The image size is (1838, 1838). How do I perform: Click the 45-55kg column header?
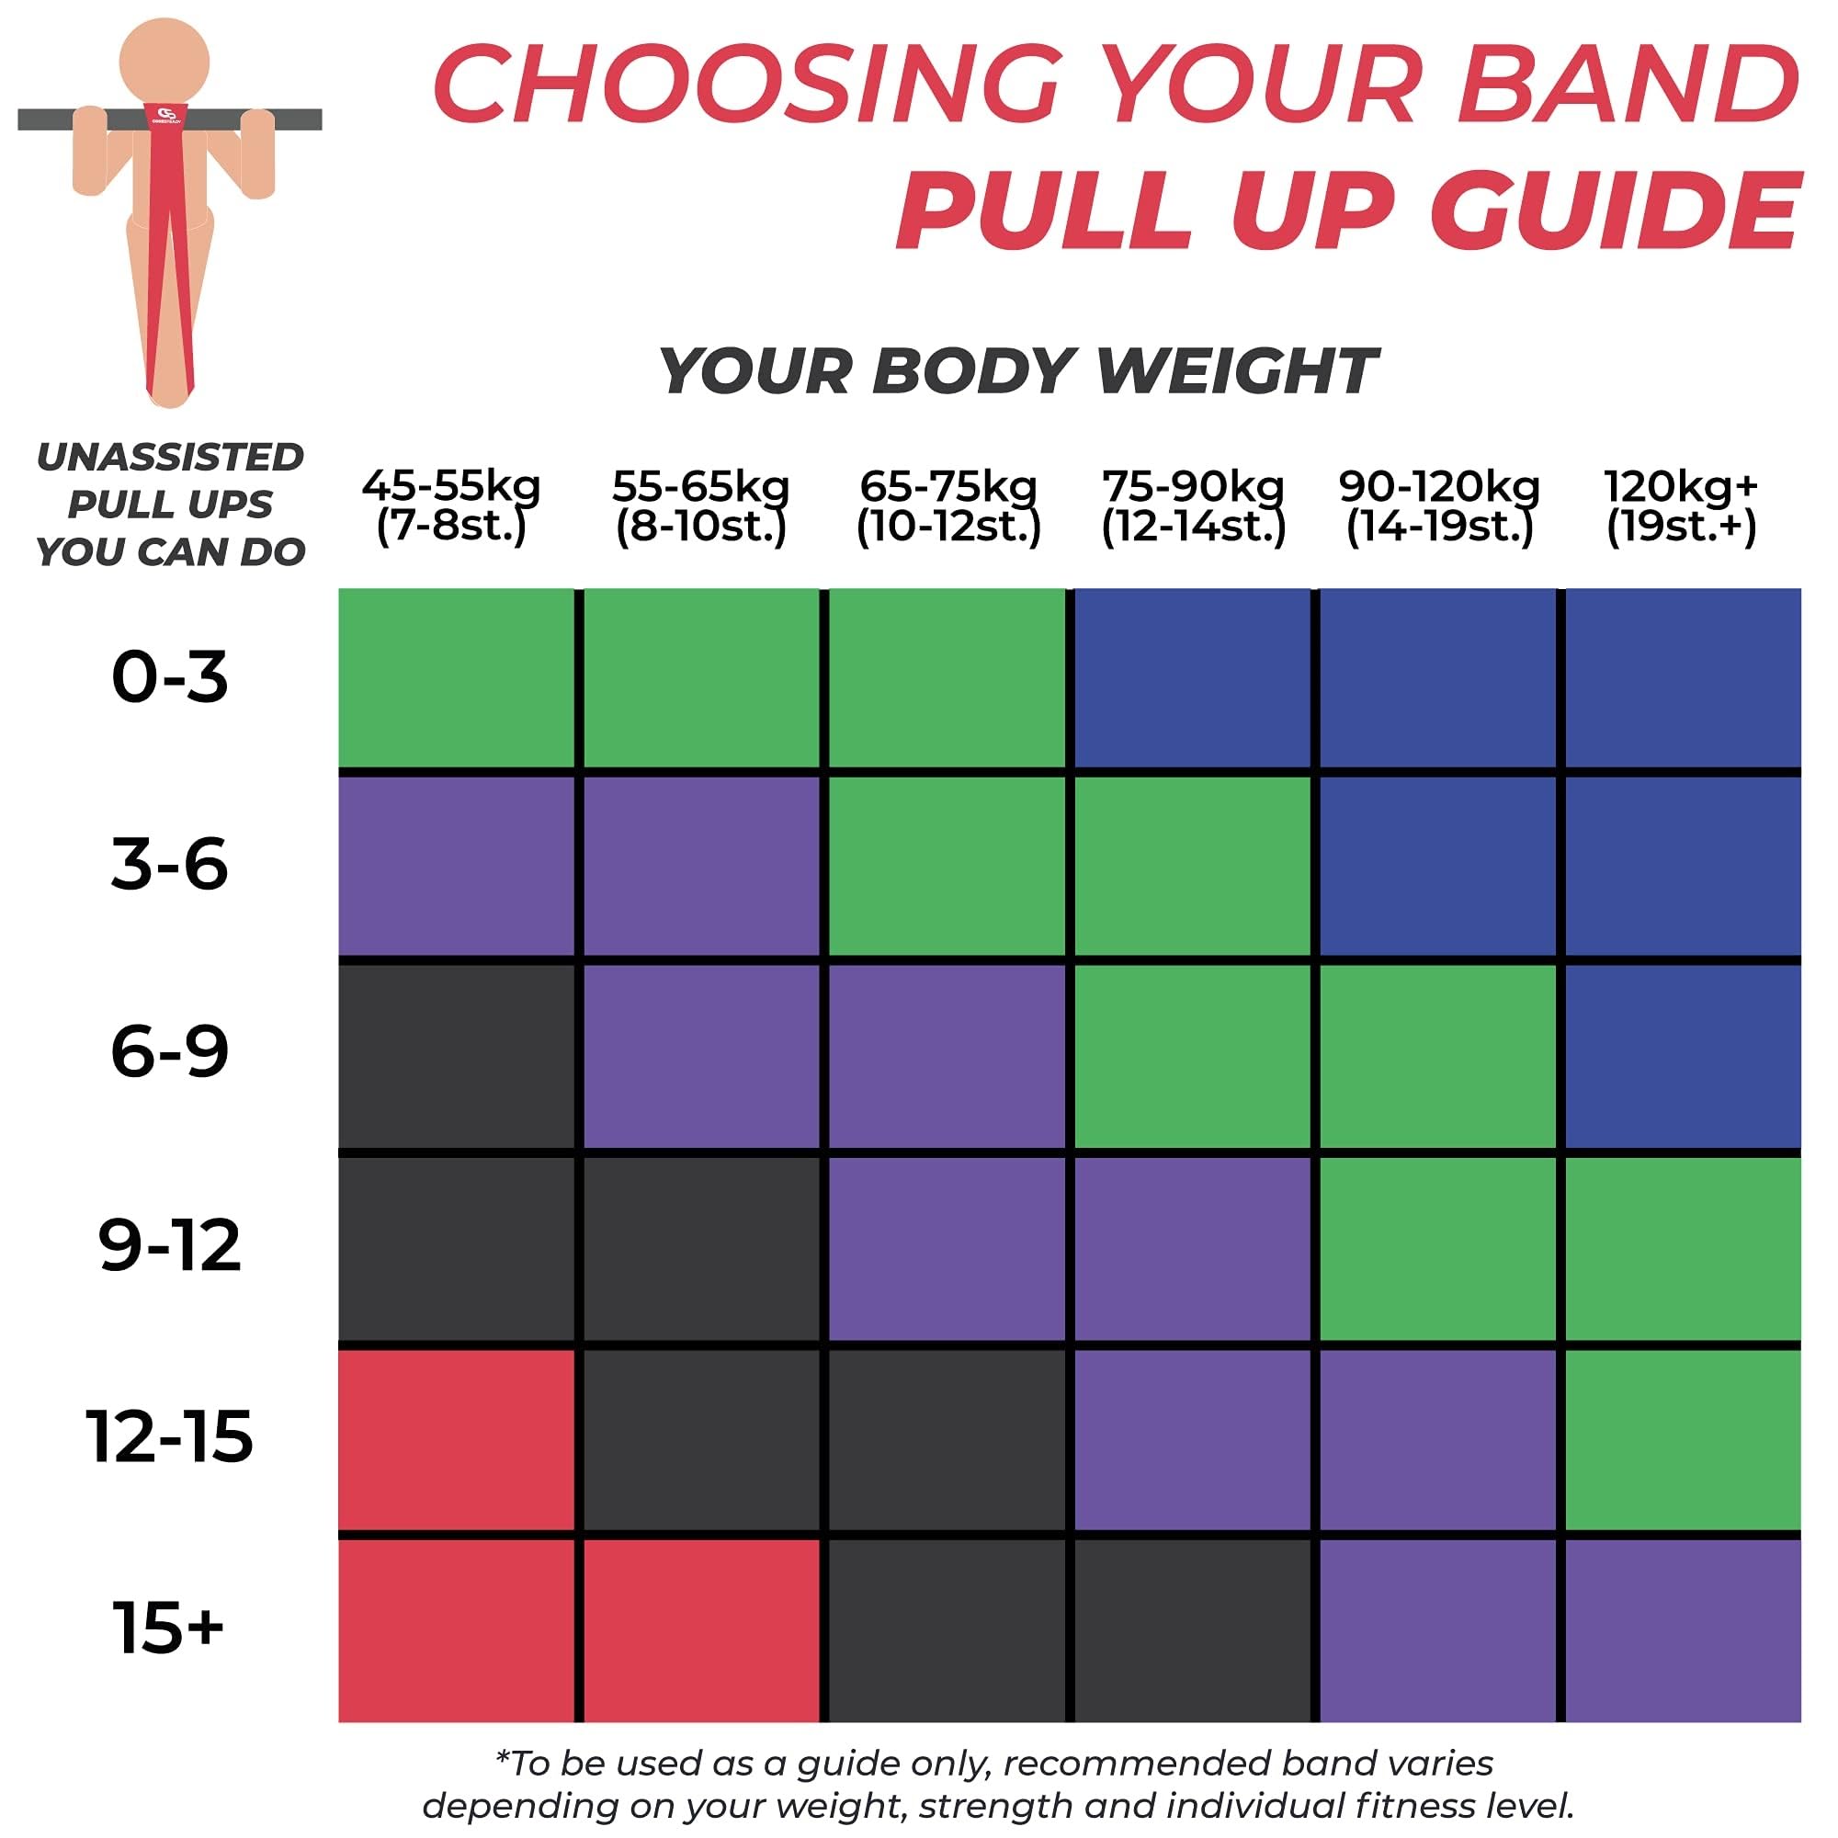pos(451,506)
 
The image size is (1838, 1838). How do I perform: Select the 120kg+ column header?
pos(1681,506)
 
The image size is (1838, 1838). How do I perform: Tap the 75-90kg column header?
pos(1193,506)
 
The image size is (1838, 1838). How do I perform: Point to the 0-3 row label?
pos(169,677)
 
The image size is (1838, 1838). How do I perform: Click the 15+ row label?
pos(168,1627)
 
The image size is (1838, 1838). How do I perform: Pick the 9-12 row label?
pos(169,1245)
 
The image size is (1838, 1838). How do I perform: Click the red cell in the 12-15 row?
pos(457,1439)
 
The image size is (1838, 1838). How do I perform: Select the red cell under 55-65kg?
pos(701,1630)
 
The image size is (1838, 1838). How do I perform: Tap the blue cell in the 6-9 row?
pos(1682,1055)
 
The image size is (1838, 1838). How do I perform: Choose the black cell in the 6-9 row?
pos(457,1055)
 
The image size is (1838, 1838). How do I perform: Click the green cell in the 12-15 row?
pos(1682,1439)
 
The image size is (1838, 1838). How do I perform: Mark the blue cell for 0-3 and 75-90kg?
pos(1192,677)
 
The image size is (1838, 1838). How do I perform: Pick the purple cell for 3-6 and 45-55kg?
pos(457,866)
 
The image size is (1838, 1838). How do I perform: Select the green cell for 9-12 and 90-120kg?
pos(1437,1248)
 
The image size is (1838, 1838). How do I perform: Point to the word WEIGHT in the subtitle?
pos(1237,370)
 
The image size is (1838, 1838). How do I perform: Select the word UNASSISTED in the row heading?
pos(169,458)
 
